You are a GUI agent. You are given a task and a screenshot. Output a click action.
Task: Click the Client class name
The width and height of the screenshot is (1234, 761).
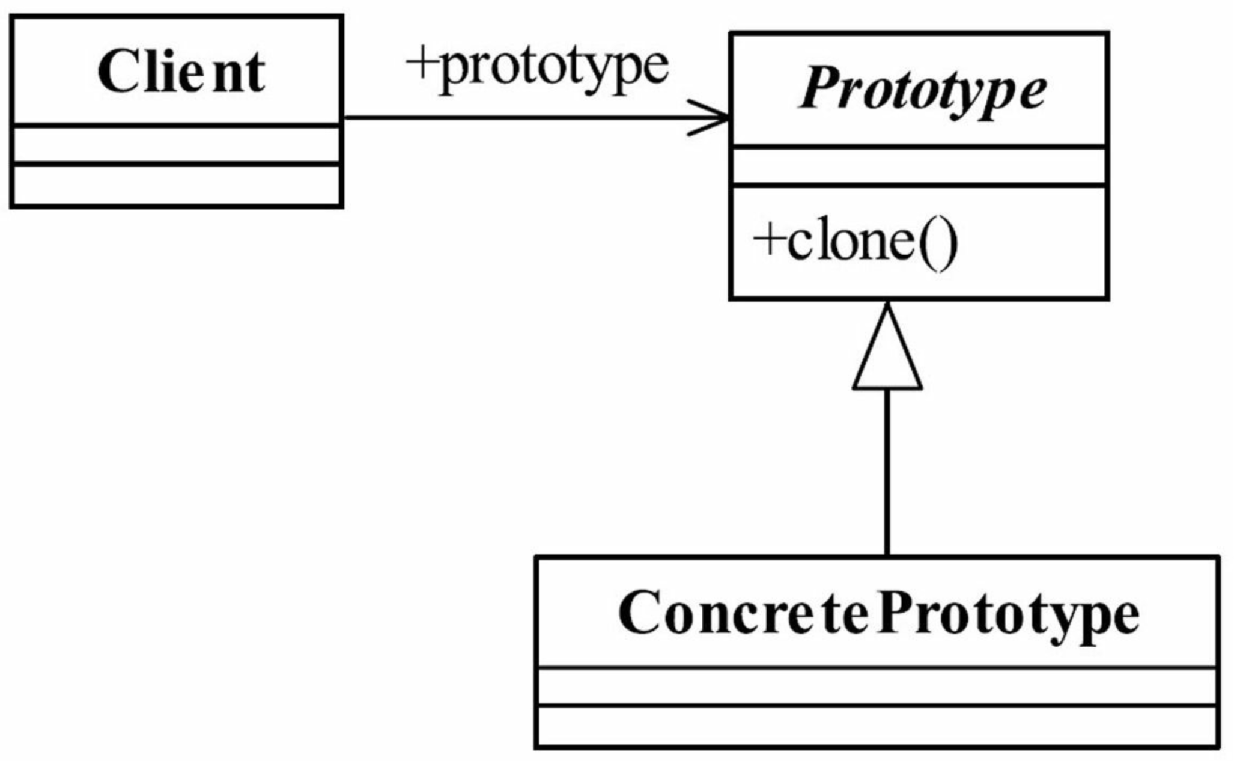coord(181,72)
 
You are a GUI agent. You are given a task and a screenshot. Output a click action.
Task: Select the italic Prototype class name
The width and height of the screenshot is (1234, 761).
coord(922,91)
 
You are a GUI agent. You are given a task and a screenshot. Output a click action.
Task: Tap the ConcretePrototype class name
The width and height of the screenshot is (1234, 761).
coord(878,614)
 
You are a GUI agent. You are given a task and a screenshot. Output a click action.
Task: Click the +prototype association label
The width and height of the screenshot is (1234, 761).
coord(537,68)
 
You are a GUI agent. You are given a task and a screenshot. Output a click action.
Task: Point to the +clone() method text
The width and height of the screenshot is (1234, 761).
coord(855,244)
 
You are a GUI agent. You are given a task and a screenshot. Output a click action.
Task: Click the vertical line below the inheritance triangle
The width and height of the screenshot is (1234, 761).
coord(887,472)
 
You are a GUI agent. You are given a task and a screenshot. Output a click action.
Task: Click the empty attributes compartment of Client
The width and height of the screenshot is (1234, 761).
coord(176,145)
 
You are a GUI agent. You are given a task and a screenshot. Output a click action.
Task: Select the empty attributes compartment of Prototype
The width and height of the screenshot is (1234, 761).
coord(919,166)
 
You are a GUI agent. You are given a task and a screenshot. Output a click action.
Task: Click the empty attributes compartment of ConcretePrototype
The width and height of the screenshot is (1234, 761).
coord(877,686)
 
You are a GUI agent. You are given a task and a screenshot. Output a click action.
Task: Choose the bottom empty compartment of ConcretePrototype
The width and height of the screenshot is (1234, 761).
coord(877,726)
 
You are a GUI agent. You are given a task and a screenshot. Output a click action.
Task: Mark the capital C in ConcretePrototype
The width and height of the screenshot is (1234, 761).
coord(640,611)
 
